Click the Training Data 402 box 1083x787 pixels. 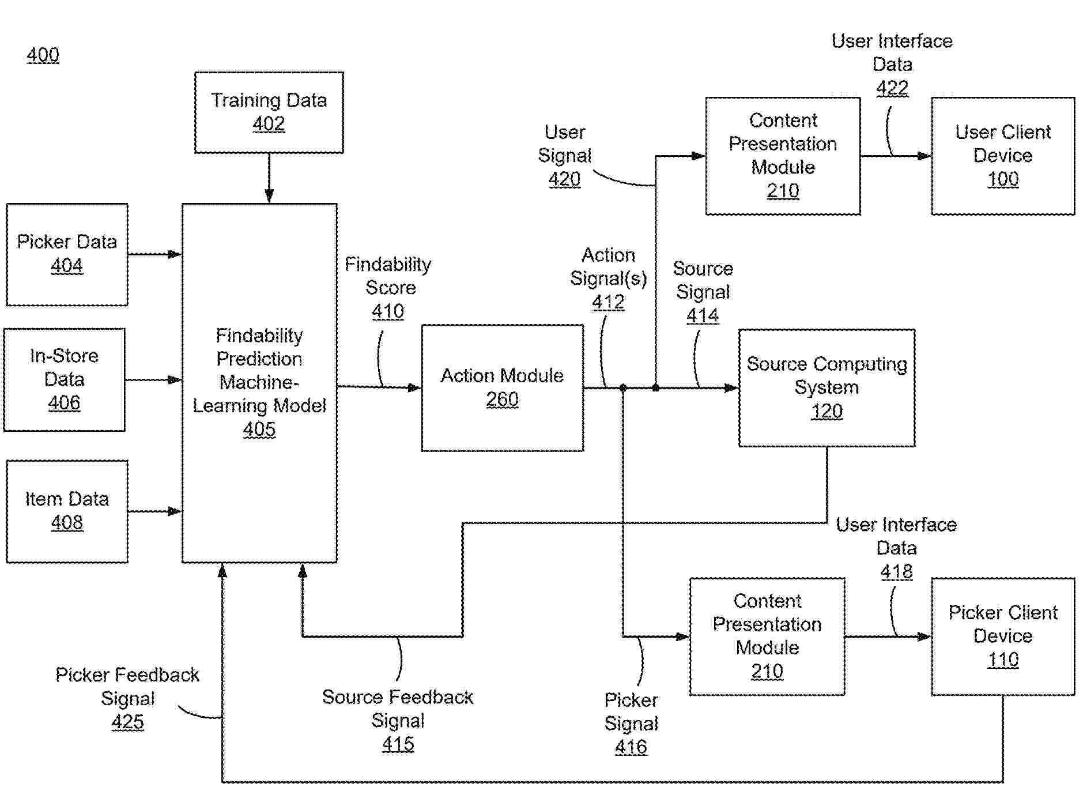pos(269,112)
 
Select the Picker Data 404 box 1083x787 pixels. pos(67,254)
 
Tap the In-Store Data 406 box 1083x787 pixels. pos(64,379)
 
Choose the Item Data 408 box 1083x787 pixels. pos(67,511)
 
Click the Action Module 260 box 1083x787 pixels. pos(502,387)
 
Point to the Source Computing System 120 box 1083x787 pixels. pos(827,387)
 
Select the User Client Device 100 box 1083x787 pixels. pos(1003,156)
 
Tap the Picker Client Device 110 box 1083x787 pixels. pos(1003,636)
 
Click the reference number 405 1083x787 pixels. pos(259,430)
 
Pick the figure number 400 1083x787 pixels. pos(43,55)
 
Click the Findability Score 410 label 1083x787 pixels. pos(388,288)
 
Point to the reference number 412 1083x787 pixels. pos(608,303)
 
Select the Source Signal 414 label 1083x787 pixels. pos(703,292)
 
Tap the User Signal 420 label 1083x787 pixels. pos(564,156)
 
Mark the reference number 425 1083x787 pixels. pos(127,722)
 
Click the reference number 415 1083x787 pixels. pos(398,744)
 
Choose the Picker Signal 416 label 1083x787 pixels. pos(631,724)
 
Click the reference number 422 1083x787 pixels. pos(892,88)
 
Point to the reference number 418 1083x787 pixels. pos(896,572)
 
